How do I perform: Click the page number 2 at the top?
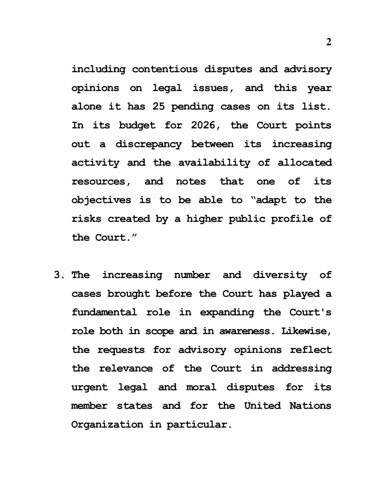pos(329,42)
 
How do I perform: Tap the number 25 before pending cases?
pos(158,107)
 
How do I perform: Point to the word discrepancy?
pos(148,144)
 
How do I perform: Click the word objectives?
pos(101,200)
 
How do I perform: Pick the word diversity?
pos(280,275)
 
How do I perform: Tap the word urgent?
pos(89,387)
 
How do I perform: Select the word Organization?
pos(107,424)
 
